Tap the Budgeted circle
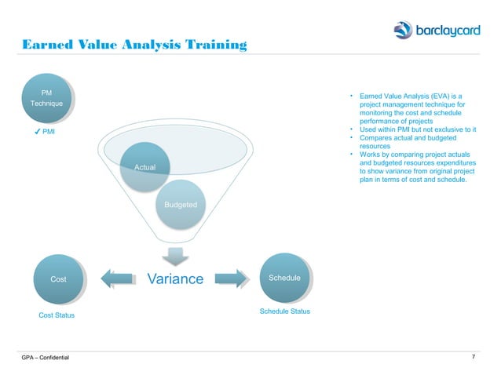(x=181, y=203)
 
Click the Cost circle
(x=58, y=279)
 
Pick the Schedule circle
(x=284, y=278)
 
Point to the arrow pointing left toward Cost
(x=118, y=279)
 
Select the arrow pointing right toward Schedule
(x=231, y=279)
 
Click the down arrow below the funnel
(x=175, y=257)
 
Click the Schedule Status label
(x=284, y=311)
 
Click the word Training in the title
(x=210, y=47)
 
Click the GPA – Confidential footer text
(x=46, y=359)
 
